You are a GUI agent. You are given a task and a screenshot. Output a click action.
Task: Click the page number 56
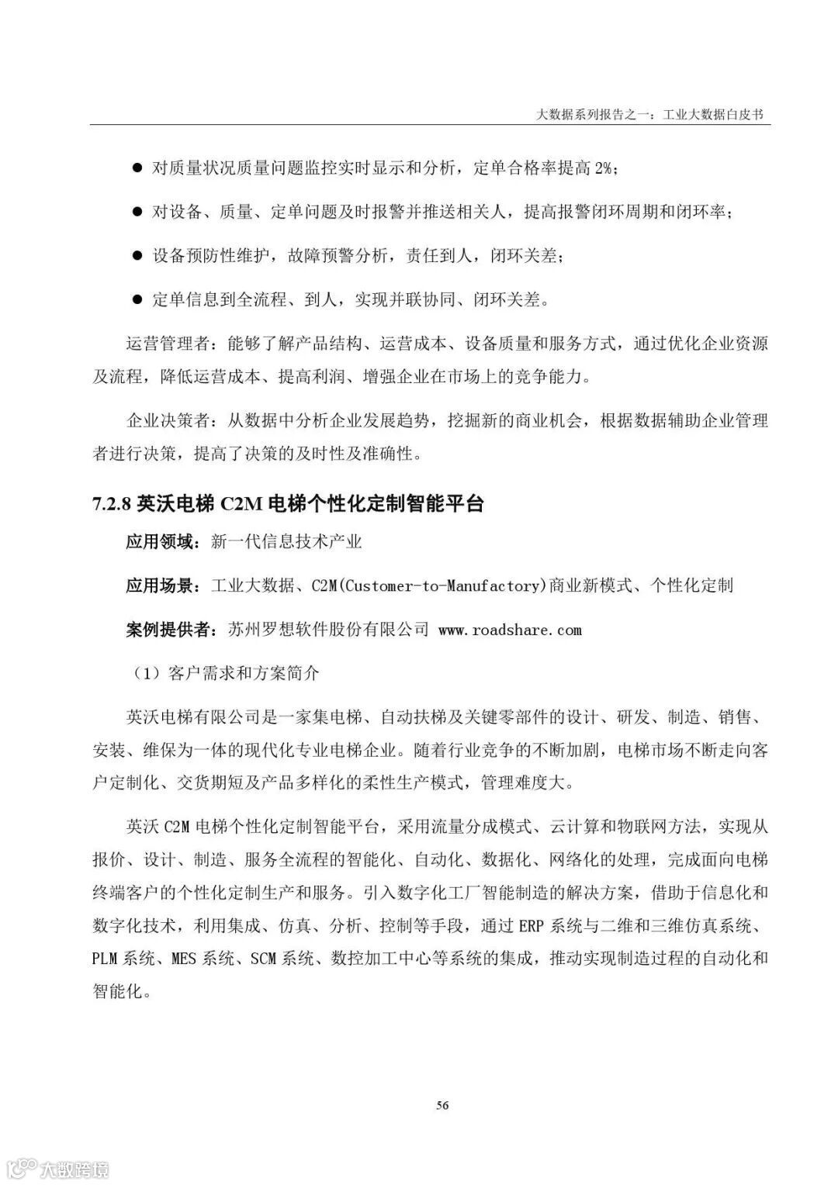click(442, 1105)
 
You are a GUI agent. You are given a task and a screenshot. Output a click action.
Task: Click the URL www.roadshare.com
click(510, 631)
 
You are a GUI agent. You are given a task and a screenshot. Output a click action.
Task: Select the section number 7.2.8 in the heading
click(112, 505)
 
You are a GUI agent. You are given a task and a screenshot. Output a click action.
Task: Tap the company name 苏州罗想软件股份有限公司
click(328, 631)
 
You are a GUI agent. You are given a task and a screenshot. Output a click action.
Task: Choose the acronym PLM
click(104, 959)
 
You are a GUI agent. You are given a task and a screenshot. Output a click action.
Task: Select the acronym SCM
click(263, 959)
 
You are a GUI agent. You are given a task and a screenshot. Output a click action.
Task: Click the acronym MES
click(183, 959)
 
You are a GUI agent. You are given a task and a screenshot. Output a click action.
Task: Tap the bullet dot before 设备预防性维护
click(137, 255)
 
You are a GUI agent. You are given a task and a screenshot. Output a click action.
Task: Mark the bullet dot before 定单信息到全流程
click(137, 299)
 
